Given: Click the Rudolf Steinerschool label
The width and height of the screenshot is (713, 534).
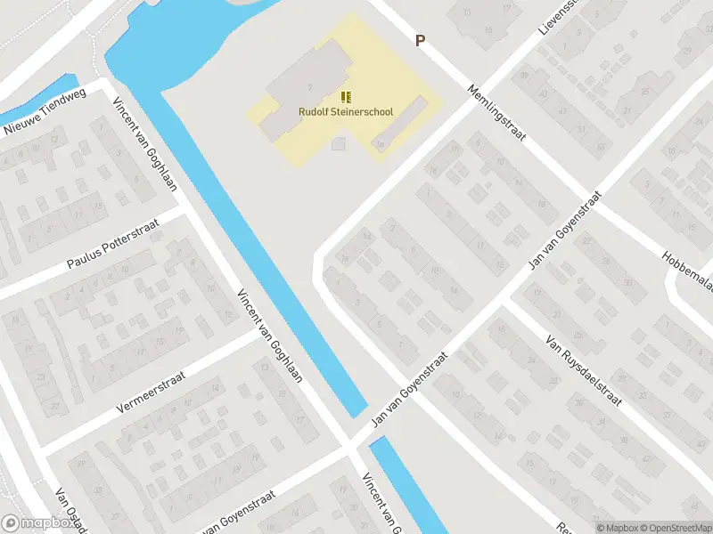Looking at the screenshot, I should point(346,112).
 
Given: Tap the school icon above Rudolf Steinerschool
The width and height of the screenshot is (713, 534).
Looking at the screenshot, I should point(346,97).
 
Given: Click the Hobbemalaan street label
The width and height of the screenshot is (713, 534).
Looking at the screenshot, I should point(686,268).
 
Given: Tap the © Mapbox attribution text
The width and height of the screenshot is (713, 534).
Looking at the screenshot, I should point(619,528).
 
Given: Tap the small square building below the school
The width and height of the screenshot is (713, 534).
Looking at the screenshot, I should point(338,143).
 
